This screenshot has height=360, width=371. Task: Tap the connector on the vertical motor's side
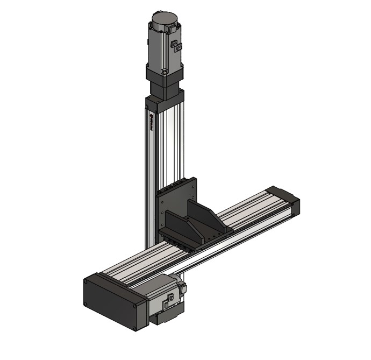click(175, 47)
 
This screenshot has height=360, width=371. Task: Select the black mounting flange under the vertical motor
click(164, 78)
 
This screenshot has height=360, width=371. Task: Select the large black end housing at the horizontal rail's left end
click(113, 301)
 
